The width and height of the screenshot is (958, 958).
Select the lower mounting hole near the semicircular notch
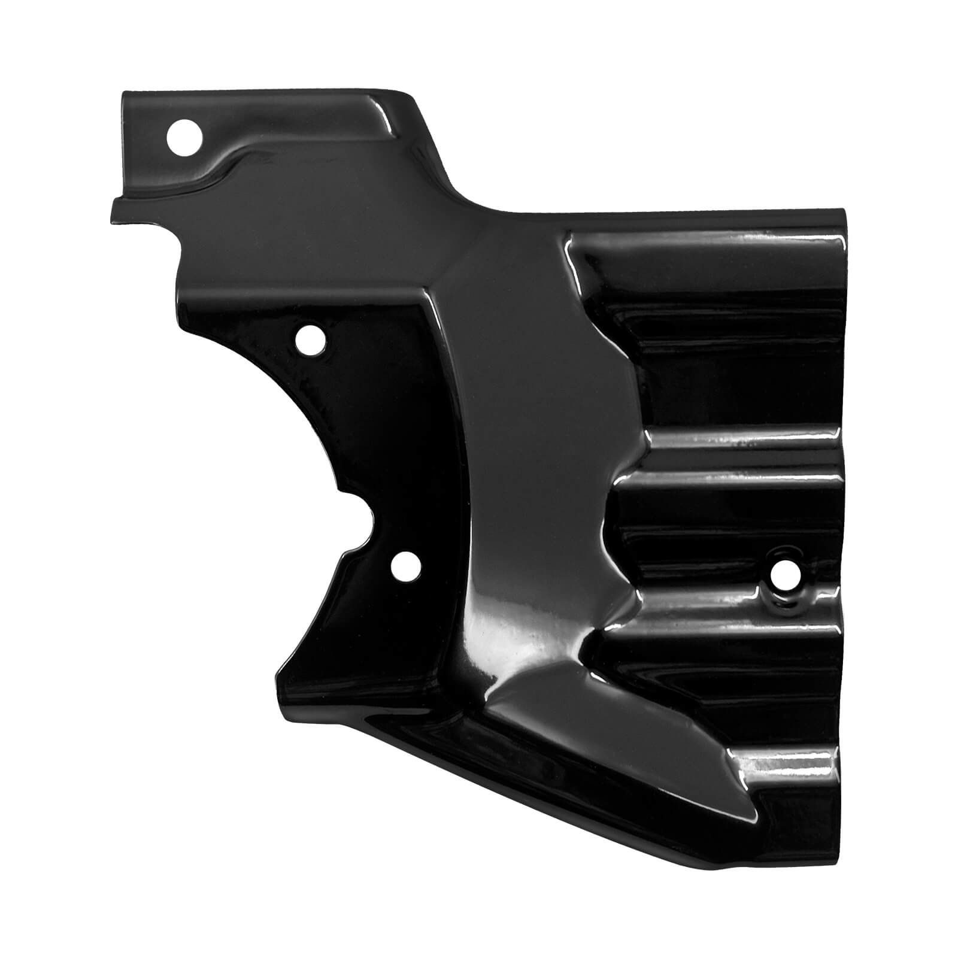click(x=405, y=565)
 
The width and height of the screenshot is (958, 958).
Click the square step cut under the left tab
click(x=180, y=245)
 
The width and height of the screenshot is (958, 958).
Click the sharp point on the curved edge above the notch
click(x=341, y=490)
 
